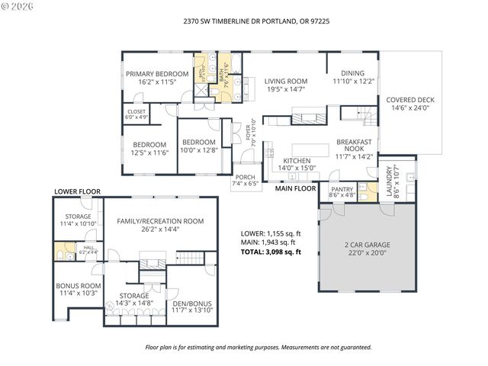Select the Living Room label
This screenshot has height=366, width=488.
tap(286, 85)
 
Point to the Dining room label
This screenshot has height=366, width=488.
tap(353, 77)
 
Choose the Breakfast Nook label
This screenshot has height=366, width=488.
tap(355, 149)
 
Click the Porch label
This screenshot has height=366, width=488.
tap(245, 179)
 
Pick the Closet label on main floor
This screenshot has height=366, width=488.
tap(136, 114)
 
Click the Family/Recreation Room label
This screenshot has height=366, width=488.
tap(160, 225)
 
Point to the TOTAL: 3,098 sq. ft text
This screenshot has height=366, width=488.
tap(271, 252)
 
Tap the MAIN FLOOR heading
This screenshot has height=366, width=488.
tap(295, 188)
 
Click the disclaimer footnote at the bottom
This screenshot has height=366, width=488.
tap(258, 347)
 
